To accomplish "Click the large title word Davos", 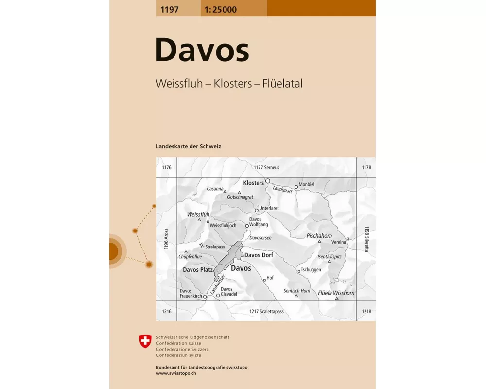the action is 202,51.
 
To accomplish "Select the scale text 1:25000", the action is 221,8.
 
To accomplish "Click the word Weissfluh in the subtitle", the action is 177,83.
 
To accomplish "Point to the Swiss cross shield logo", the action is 145,341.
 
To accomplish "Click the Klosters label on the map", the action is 253,183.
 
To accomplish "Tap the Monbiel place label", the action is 307,185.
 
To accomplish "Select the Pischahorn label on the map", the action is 319,235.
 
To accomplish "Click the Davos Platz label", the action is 198,269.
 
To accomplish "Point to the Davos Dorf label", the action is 259,255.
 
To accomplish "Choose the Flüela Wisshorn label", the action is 336,293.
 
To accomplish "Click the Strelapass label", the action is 214,247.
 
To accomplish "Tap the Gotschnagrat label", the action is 240,197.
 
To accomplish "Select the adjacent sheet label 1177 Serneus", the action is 266,167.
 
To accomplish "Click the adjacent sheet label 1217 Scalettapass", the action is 266,311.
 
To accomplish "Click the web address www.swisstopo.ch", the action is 176,373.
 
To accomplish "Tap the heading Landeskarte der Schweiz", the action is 189,146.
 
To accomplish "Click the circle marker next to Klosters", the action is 267,181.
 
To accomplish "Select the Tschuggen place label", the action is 311,270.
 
